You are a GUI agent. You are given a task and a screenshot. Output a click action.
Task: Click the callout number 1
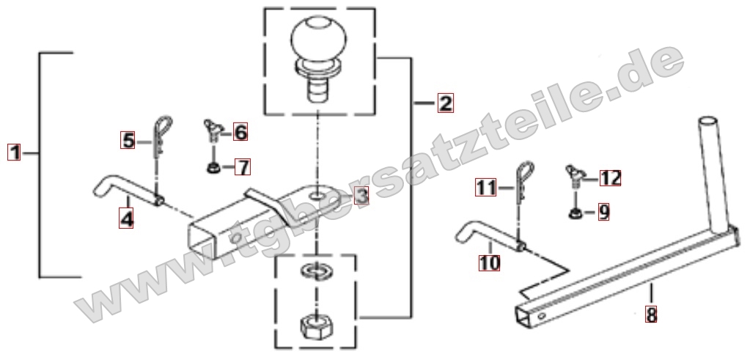(14, 153)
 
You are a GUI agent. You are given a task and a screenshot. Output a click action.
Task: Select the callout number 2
(445, 103)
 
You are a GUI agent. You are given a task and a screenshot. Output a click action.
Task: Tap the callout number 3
(361, 195)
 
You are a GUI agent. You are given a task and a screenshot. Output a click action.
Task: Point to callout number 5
(128, 141)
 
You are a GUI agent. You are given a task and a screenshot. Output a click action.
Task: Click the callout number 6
(240, 132)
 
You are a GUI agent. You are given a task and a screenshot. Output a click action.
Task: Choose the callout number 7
(243, 167)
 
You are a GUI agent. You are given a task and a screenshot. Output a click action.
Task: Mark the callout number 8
(651, 314)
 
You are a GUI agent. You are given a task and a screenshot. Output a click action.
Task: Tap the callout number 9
(603, 212)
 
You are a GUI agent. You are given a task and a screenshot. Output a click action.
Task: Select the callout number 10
(489, 262)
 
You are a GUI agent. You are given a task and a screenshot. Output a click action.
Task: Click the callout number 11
(486, 188)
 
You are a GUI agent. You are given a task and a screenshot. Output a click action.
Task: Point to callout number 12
(610, 178)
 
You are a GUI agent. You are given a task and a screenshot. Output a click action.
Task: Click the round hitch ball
(319, 40)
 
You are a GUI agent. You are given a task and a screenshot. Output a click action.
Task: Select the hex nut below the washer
(316, 326)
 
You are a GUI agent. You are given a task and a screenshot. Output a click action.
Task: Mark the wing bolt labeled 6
(213, 130)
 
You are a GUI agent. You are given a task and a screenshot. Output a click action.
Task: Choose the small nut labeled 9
(576, 213)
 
